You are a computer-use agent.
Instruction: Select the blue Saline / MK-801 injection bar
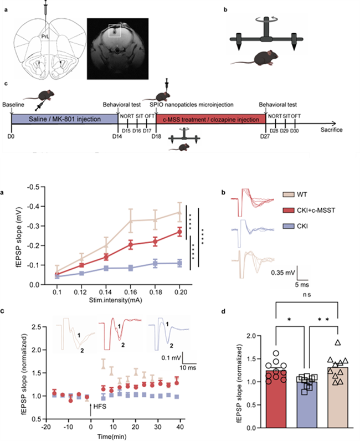click(x=64, y=119)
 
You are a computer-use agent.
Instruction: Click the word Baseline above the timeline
click(x=13, y=104)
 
